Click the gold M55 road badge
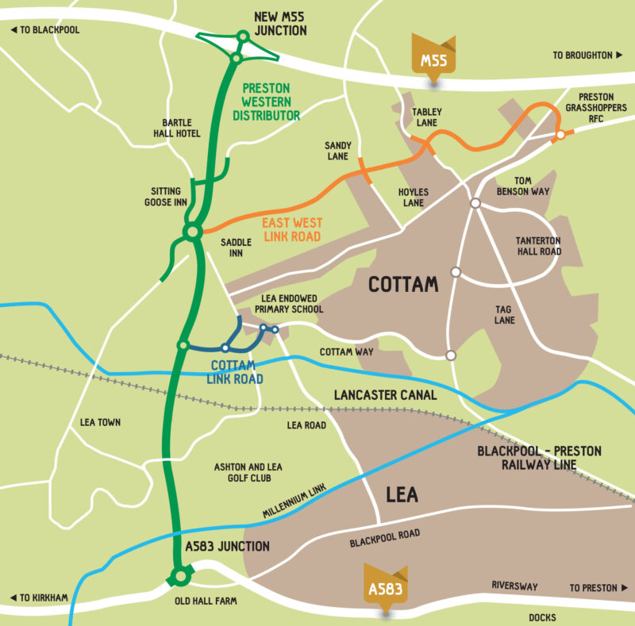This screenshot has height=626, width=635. (x=433, y=60)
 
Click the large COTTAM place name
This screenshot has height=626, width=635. (x=403, y=283)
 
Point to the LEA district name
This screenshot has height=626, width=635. (x=402, y=495)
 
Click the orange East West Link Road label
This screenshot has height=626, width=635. (x=291, y=230)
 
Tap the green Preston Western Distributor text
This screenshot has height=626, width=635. (x=266, y=102)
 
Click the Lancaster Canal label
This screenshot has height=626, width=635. (x=386, y=394)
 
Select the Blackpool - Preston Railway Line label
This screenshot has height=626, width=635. (x=539, y=458)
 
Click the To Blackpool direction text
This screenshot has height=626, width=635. (x=45, y=30)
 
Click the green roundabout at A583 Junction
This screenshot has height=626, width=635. (x=181, y=577)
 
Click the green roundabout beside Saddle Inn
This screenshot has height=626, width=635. (x=192, y=232)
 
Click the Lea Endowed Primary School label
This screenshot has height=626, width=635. (x=292, y=304)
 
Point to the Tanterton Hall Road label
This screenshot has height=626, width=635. (x=539, y=246)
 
